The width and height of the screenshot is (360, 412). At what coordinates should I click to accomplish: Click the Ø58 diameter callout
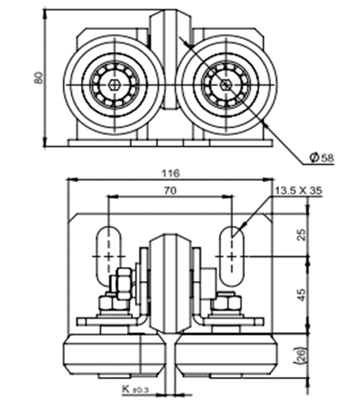(x=321, y=157)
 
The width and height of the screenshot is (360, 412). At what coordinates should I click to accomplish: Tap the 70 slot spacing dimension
(x=169, y=192)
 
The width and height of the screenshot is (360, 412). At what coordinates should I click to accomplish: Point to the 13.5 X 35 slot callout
(x=298, y=192)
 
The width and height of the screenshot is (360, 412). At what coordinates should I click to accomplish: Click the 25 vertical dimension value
(x=301, y=234)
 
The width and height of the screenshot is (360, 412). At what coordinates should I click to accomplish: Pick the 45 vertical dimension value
(x=301, y=294)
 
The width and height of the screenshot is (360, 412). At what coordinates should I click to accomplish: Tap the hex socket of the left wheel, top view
(x=114, y=85)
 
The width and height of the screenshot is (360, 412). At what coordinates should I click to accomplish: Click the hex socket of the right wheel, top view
(x=226, y=85)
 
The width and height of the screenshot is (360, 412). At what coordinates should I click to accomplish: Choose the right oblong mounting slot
(x=233, y=256)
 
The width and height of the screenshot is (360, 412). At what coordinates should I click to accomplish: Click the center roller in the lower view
(x=169, y=284)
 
